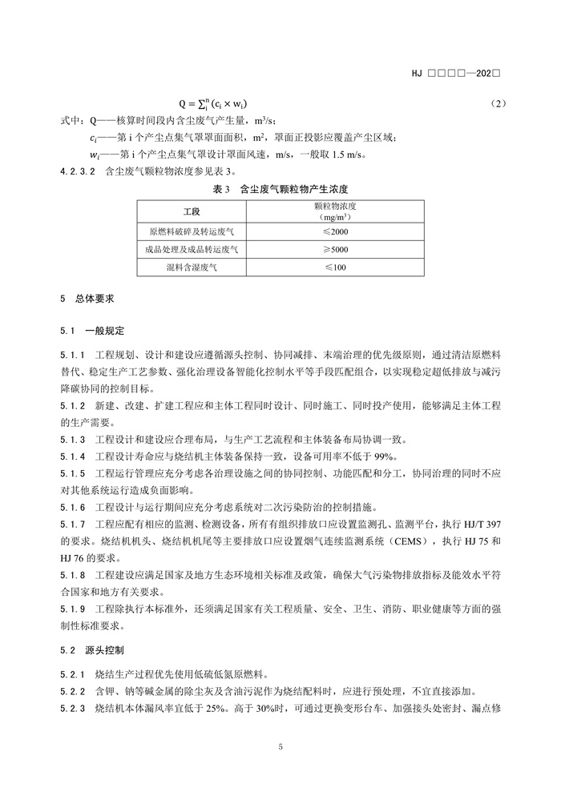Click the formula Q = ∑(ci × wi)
[x=212, y=104]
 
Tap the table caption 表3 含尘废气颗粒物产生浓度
[x=280, y=189]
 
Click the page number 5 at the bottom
[x=280, y=748]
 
